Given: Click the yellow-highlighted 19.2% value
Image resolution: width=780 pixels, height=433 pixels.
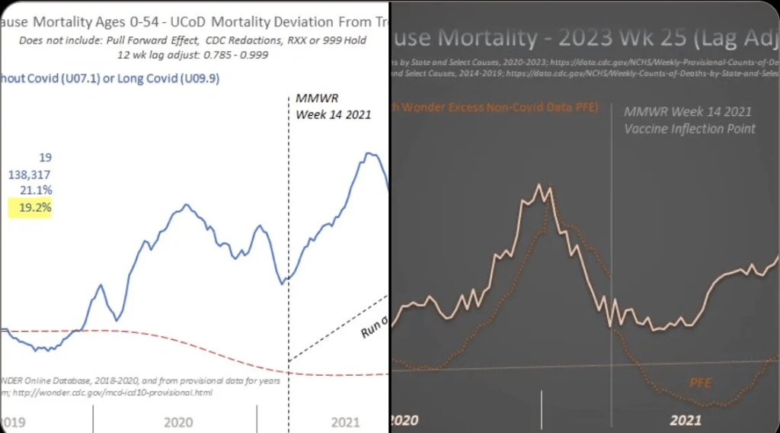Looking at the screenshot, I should pyautogui.click(x=30, y=206).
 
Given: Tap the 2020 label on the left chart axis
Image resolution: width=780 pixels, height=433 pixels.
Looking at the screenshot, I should pyautogui.click(x=177, y=422).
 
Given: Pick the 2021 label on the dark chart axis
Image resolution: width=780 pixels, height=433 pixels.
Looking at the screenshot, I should pyautogui.click(x=686, y=420).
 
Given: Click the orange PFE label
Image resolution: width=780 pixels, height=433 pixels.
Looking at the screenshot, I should pyautogui.click(x=701, y=382).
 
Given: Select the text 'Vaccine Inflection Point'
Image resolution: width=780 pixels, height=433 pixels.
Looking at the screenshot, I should pyautogui.click(x=689, y=129).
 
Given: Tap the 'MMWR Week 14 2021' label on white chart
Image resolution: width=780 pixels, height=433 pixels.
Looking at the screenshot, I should pyautogui.click(x=333, y=107).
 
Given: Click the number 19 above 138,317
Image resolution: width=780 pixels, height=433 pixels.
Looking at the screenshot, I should pyautogui.click(x=45, y=158).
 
